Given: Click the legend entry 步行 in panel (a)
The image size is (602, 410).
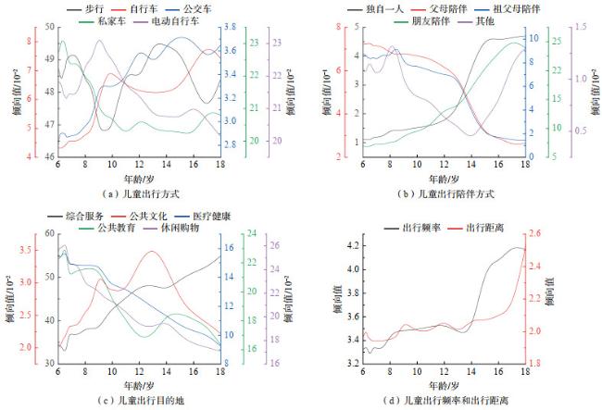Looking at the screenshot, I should coord(94,7).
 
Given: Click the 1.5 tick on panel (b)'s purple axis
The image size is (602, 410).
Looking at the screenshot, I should coord(580,28).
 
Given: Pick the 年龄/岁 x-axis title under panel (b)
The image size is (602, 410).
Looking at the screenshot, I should coord(444,177).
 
